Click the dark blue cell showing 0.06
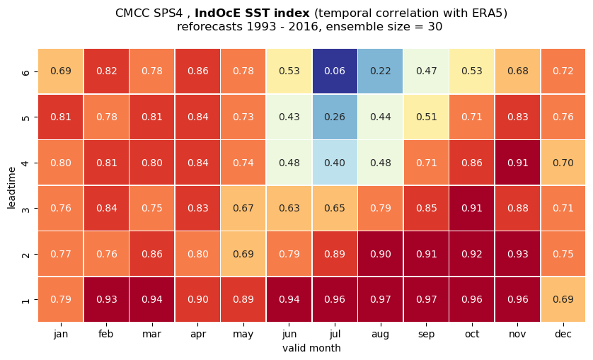335,71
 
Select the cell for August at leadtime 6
381,71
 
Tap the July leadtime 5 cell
335,117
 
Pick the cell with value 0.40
335,163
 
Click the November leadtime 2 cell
518,254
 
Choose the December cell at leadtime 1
563,299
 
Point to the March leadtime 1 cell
152,299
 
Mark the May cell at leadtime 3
243,208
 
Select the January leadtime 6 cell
61,71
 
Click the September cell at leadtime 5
426,117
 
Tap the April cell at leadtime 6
198,71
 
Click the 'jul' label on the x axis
335,334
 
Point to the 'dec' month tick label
563,334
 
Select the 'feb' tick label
106,334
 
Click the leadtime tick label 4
25,163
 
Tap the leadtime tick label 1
25,300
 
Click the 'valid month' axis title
311,348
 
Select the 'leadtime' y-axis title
11,187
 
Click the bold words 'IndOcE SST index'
252,13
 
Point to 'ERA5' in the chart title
490,13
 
